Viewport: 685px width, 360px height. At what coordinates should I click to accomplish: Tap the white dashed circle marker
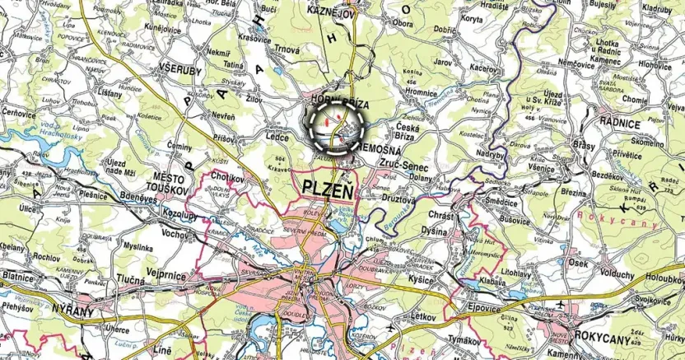338,125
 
